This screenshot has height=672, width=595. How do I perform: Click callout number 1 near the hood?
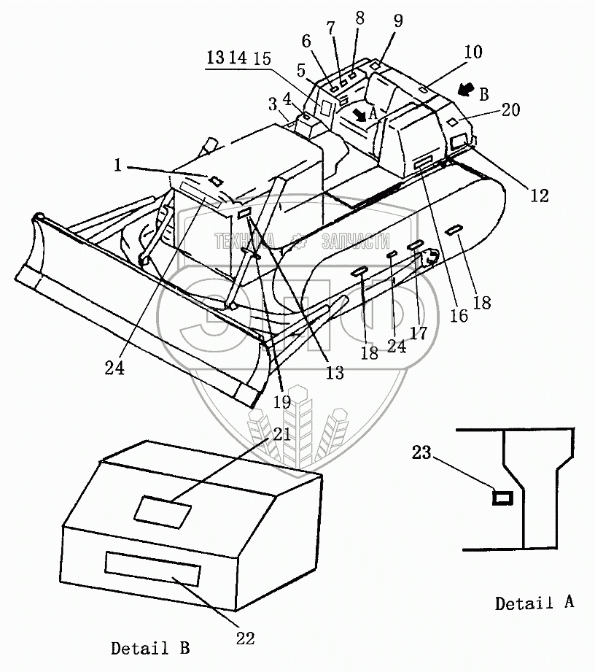pos(117,166)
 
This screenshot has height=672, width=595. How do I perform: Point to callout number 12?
pos(540,195)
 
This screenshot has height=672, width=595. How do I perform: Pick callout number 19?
pos(282,401)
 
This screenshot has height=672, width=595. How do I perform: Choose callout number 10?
pos(473,53)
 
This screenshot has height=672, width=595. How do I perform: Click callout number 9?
pos(397,21)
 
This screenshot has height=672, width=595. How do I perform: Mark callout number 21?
pos(282,435)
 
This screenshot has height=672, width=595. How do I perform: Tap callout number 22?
pos(246,638)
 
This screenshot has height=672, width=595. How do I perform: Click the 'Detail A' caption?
pos(534,603)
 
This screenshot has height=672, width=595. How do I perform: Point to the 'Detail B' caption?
pos(150,647)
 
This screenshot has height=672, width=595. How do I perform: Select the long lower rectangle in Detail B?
pos(152,567)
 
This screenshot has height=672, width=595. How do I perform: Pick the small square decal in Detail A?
pos(502,498)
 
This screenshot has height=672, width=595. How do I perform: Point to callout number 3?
pos(272,101)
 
